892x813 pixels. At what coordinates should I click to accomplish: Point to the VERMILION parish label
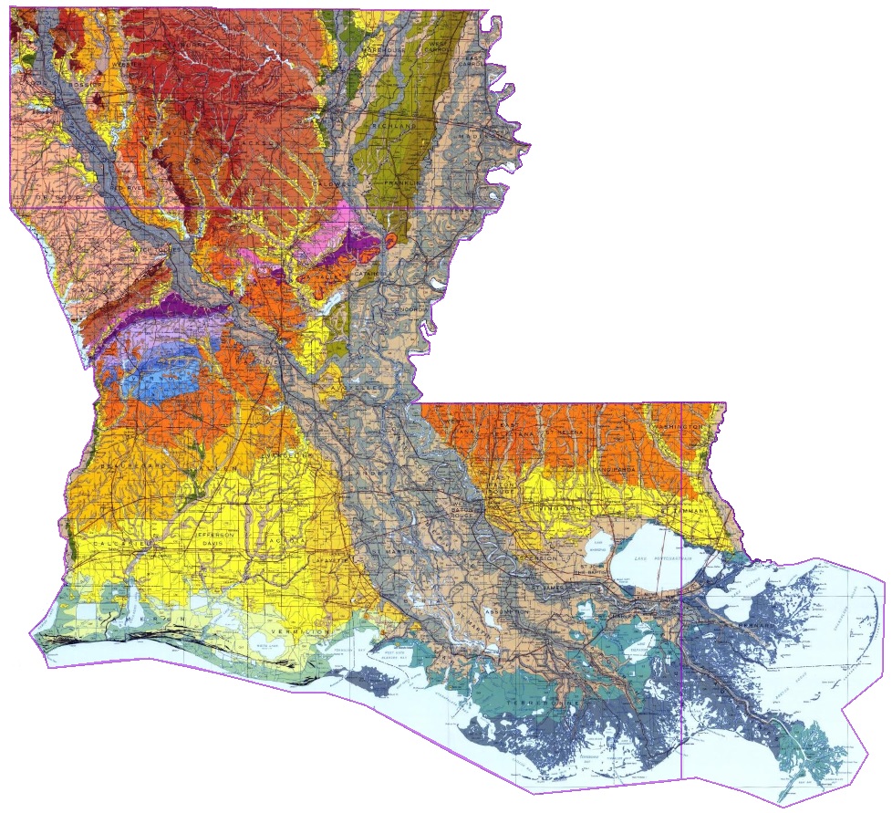click(297, 631)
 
